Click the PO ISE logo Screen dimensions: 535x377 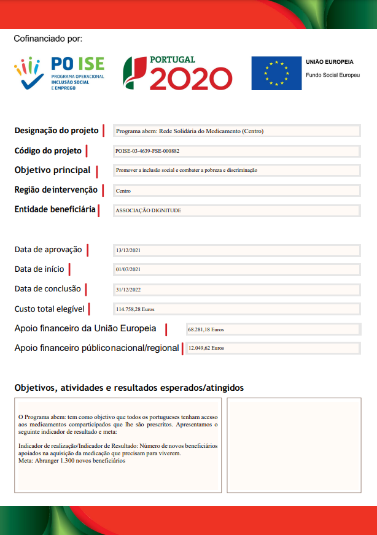pyautogui.click(x=60, y=73)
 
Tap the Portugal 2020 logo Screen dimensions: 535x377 pyautogui.click(x=177, y=73)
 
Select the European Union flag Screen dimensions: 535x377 pyautogui.click(x=276, y=74)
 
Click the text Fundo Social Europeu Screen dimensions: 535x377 pyautogui.click(x=332, y=74)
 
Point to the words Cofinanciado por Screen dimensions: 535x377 pyautogui.click(x=48, y=39)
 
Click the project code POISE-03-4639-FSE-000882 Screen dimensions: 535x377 pyautogui.click(x=147, y=150)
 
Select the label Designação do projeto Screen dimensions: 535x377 pyautogui.click(x=56, y=131)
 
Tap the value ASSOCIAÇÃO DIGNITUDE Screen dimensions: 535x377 pyautogui.click(x=149, y=210)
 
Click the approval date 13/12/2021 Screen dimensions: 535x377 pyautogui.click(x=128, y=250)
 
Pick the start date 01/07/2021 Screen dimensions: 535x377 pyautogui.click(x=128, y=269)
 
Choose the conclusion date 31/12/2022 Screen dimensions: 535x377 pyautogui.click(x=128, y=289)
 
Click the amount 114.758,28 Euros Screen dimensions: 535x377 pyautogui.click(x=135, y=309)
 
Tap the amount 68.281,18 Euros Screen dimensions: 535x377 pyautogui.click(x=206, y=329)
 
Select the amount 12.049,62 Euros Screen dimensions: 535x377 pyautogui.click(x=206, y=348)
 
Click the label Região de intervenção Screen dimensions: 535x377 pyautogui.click(x=56, y=190)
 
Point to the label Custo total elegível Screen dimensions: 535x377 pyautogui.click(x=49, y=309)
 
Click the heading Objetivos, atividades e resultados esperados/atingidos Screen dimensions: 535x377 pyautogui.click(x=129, y=388)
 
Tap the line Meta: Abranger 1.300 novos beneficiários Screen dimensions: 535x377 pyautogui.click(x=72, y=460)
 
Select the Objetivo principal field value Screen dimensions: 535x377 pyautogui.click(x=187, y=170)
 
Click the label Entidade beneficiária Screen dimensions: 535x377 pyautogui.click(x=55, y=210)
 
